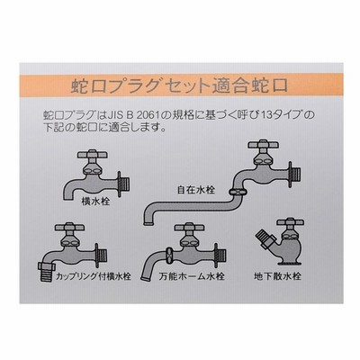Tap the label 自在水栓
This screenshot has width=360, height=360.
coord(196,190)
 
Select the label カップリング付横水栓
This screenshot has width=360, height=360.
coord(94,275)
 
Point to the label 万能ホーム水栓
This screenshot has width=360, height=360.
coord(192,275)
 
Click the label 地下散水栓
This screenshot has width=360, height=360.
coord(277,275)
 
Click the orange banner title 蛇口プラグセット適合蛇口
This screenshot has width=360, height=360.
coord(179,86)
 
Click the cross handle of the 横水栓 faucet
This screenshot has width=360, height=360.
coord(93,155)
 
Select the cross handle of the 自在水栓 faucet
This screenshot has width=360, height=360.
coord(264,145)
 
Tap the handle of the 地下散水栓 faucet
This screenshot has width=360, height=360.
coord(290,222)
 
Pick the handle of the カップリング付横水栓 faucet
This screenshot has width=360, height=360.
coord(69,227)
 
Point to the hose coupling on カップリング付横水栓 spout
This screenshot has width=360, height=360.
coord(47,268)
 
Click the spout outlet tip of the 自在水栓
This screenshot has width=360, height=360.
coord(148,223)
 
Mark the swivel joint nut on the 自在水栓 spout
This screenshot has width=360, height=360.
coord(238,192)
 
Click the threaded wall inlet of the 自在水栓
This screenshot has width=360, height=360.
coord(296,175)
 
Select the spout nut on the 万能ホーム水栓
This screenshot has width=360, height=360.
coord(169,256)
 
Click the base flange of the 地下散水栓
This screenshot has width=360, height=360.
coord(290,263)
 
